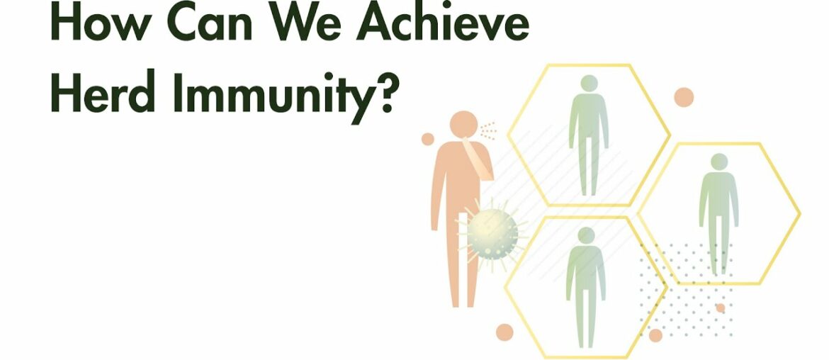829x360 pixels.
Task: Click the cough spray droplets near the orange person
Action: click(x=487, y=130)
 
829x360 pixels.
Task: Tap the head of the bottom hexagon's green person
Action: click(x=586, y=235)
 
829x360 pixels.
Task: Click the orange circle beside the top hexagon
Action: click(x=683, y=97)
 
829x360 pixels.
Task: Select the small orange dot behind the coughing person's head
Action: click(x=427, y=139)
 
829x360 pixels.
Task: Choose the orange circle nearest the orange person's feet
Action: click(x=504, y=331)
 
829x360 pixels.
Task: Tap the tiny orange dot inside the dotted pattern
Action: click(x=720, y=308)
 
